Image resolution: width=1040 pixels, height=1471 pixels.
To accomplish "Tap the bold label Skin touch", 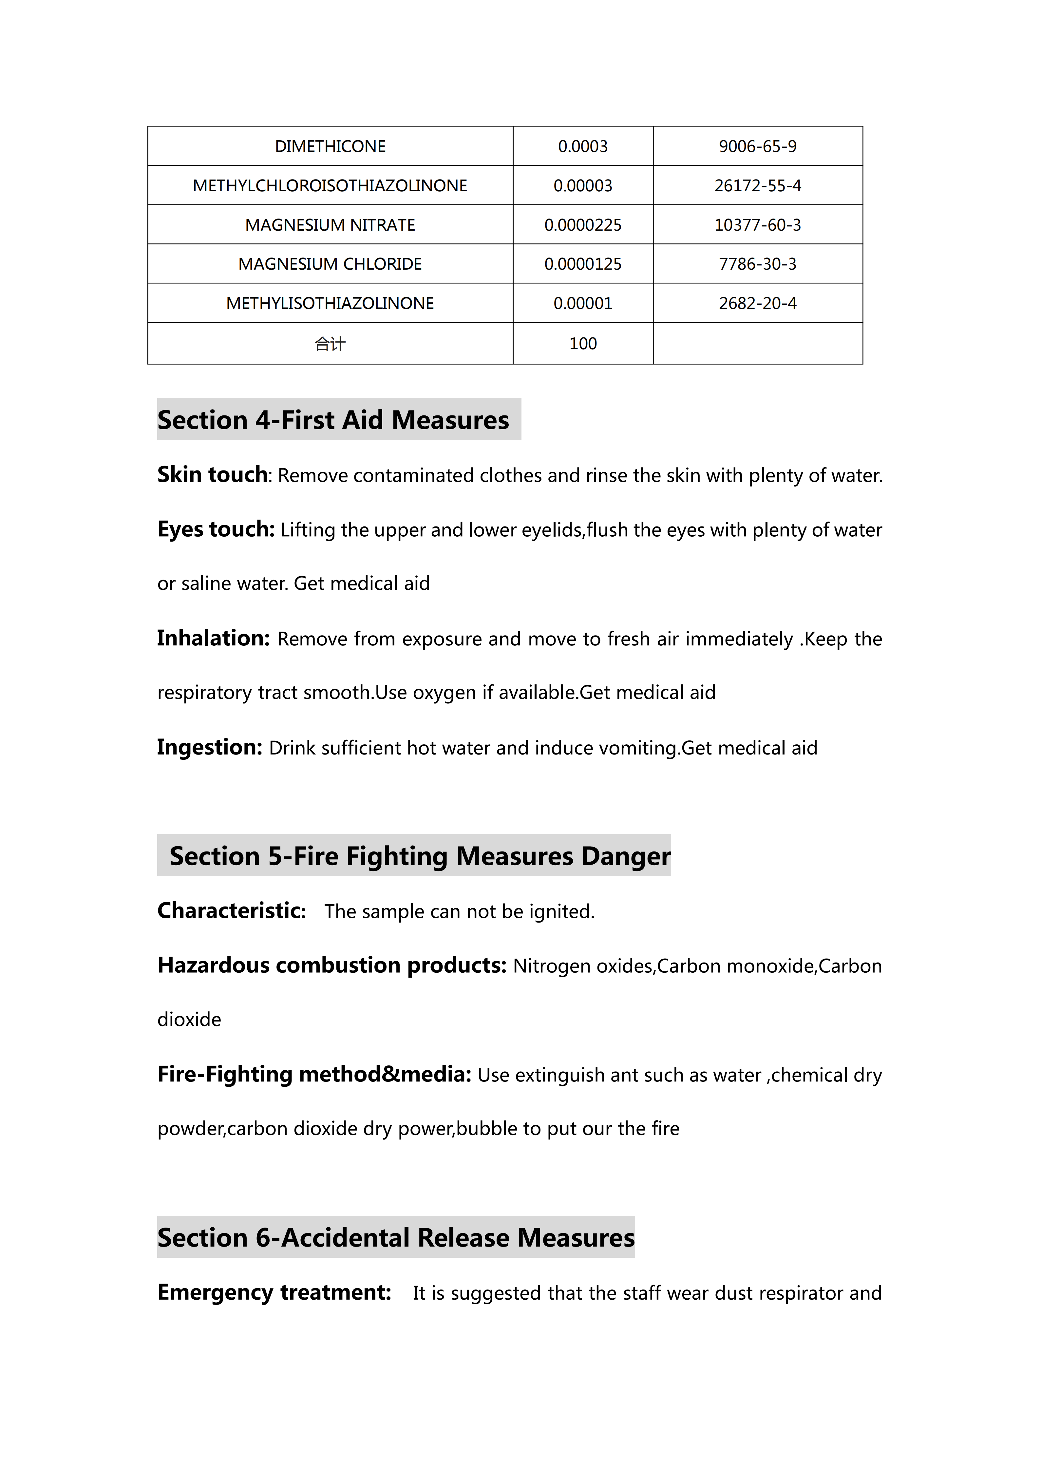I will click(213, 475).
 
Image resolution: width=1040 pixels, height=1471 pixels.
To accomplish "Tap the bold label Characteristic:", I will click(232, 910).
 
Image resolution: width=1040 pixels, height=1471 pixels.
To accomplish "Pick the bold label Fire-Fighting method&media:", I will click(314, 1074).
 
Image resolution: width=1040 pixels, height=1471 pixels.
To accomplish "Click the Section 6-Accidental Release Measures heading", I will click(396, 1237).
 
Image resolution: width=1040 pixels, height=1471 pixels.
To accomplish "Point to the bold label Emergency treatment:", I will click(274, 1292).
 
